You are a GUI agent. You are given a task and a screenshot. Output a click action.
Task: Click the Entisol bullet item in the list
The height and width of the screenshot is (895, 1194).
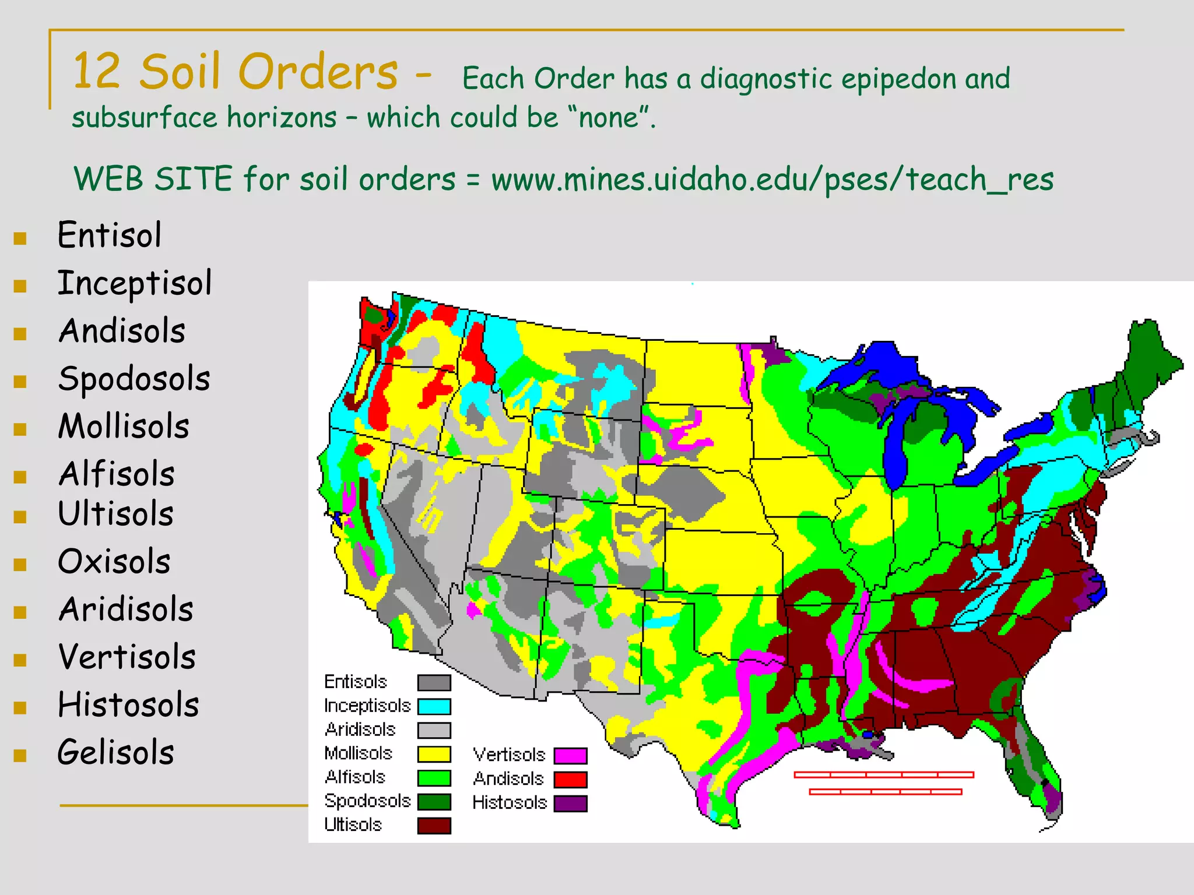coord(109,235)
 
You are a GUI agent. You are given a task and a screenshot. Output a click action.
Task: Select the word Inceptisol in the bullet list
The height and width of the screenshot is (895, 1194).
coord(135,284)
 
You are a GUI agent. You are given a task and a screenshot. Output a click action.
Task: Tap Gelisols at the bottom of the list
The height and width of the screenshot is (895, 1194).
coord(116,752)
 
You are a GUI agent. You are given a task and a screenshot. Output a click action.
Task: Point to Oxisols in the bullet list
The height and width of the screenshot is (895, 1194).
coord(114,562)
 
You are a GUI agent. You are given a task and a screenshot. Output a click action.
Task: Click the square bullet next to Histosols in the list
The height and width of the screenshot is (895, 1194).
coord(20,707)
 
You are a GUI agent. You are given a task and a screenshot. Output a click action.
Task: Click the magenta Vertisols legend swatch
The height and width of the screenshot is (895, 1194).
coord(570,756)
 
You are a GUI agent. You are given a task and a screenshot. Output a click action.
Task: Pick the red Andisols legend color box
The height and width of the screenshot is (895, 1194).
coord(570,780)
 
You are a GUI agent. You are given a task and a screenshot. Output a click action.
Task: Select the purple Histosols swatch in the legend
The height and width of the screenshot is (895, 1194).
coord(570,804)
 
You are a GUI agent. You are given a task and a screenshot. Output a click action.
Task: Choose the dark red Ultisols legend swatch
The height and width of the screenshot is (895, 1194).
coord(434,826)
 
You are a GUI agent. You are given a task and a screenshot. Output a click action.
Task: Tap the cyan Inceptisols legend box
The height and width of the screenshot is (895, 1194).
coord(434,706)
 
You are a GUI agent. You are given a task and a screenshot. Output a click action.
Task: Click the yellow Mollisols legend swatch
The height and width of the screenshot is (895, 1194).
coord(434,754)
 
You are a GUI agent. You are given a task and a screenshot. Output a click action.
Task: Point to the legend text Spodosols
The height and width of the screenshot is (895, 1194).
coord(367,801)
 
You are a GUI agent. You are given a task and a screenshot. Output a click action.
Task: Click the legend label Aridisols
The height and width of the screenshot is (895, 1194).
coord(360,730)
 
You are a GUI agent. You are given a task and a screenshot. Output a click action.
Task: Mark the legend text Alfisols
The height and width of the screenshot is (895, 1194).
coord(355,777)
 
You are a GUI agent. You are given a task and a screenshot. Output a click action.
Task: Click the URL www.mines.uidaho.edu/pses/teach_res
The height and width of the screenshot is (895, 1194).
coord(772,179)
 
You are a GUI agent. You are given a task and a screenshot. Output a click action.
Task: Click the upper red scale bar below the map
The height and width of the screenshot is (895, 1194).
coord(884,774)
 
